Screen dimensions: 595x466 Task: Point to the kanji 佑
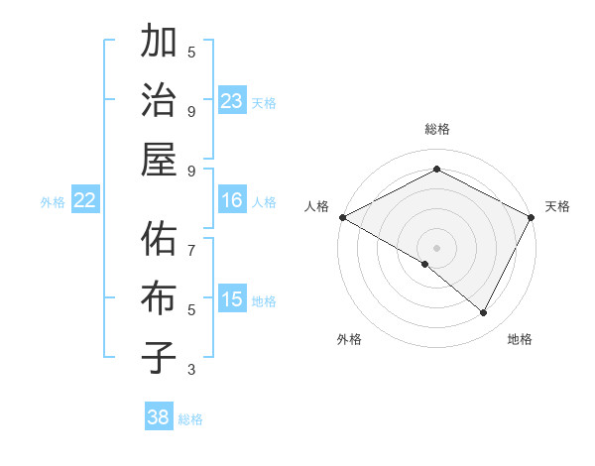tap(159, 240)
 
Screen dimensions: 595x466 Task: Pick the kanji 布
tap(159, 298)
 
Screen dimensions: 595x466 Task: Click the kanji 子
tap(159, 356)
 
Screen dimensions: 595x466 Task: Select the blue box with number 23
tap(232, 101)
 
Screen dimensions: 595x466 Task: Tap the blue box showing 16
tap(232, 200)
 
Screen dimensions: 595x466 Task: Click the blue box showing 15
tap(232, 299)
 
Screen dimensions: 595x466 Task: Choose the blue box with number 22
tap(85, 200)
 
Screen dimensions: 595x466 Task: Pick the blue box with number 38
tap(159, 417)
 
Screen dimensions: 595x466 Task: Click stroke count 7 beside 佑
tap(191, 249)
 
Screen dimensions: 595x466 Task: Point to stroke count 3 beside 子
tap(191, 370)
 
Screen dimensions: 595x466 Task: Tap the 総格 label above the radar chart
tap(437, 129)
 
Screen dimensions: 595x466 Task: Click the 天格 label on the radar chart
tap(557, 206)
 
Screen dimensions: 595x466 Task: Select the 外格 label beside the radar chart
tap(349, 340)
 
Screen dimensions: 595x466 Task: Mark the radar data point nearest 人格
tap(342, 216)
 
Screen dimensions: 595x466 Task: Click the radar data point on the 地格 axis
tap(484, 313)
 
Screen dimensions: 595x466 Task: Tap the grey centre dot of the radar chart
tap(437, 247)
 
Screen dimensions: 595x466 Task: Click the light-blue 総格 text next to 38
tap(190, 419)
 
